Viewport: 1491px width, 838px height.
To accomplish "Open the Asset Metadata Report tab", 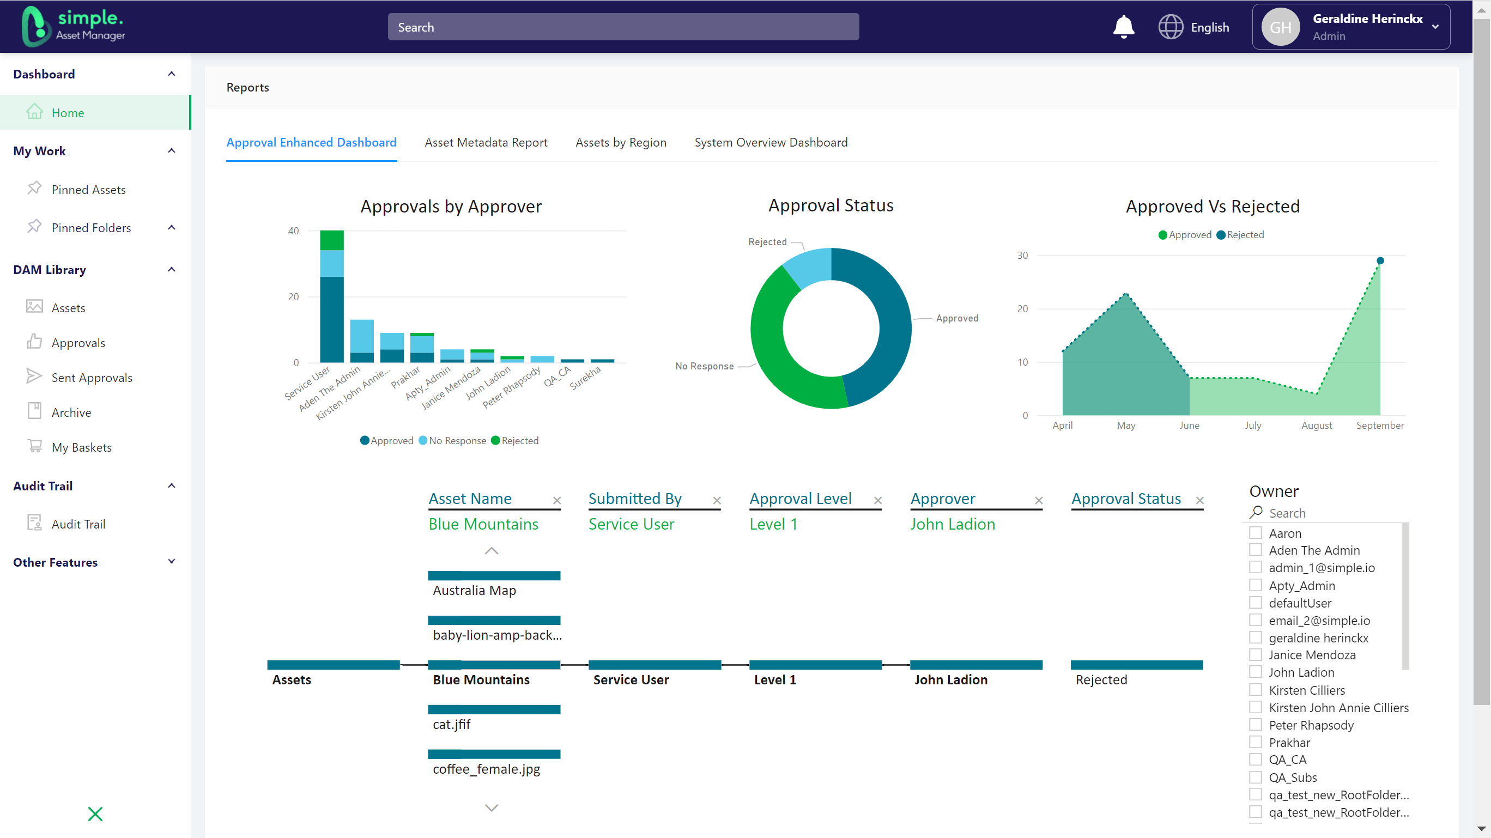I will tap(486, 142).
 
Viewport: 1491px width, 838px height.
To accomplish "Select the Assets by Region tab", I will tap(621, 142).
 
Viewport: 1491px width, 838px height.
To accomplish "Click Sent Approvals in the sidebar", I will tap(92, 378).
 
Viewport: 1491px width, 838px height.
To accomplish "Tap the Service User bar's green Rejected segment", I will tap(332, 240).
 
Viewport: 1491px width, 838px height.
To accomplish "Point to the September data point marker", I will tap(1380, 260).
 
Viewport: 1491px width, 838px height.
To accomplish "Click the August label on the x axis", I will tap(1316, 426).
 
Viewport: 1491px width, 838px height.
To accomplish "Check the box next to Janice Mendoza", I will tap(1255, 654).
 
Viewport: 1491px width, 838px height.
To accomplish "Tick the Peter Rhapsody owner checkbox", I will tap(1255, 725).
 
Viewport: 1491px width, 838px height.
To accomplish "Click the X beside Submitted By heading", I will tap(717, 501).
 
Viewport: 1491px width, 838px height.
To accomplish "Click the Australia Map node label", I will tap(474, 590).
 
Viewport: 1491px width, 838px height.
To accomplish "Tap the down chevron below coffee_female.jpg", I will tap(492, 808).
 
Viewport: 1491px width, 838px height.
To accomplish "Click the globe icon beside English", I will tap(1171, 27).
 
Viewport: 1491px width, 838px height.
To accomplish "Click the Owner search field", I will tap(1325, 513).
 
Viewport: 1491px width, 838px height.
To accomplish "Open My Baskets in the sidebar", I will tap(81, 447).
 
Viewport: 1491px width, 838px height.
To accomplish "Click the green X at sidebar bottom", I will tap(95, 813).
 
